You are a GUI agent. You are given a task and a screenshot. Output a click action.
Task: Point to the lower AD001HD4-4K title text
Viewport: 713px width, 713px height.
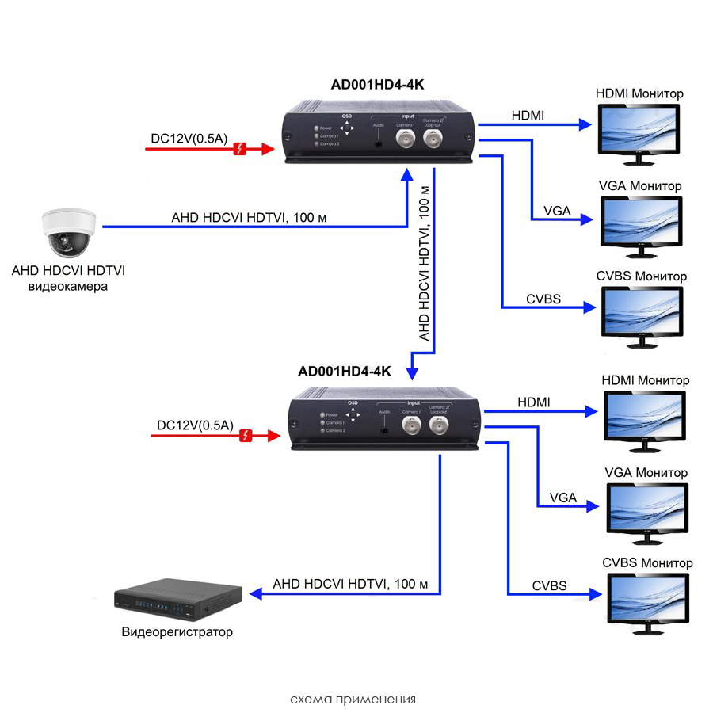(x=345, y=371)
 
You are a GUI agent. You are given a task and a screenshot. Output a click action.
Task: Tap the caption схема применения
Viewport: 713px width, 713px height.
(x=353, y=699)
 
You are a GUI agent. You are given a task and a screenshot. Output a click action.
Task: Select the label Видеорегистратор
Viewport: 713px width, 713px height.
(x=178, y=632)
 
